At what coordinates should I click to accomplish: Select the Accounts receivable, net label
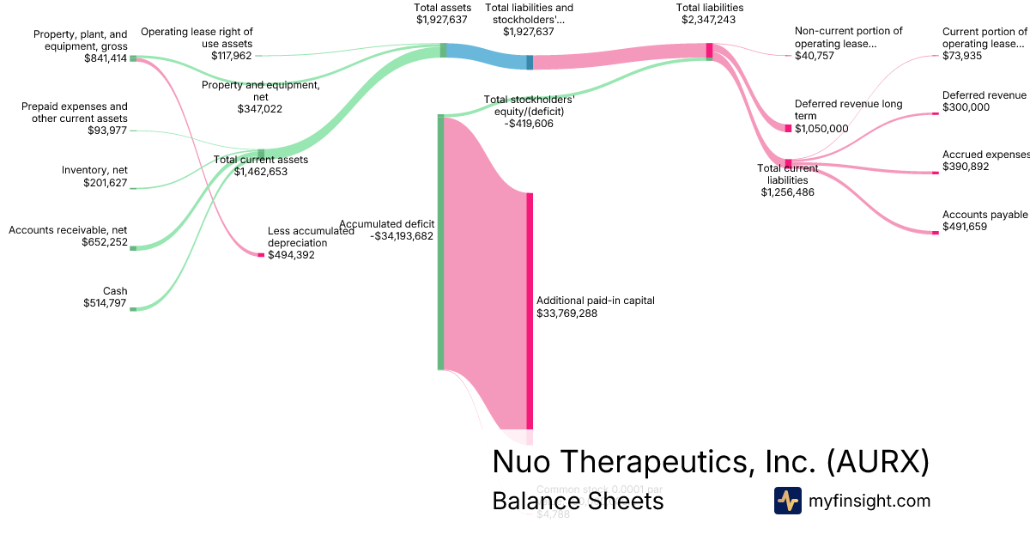(x=68, y=230)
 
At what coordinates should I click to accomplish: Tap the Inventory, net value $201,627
(x=105, y=183)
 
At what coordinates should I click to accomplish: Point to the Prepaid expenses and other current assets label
(x=74, y=112)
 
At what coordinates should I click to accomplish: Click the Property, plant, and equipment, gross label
(x=80, y=40)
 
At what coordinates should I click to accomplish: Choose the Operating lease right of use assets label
(x=197, y=38)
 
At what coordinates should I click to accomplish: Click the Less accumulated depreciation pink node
(x=261, y=255)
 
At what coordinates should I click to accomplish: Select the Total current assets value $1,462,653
(x=261, y=172)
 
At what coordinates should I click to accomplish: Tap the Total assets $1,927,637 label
(x=442, y=14)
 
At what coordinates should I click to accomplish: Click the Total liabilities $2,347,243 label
(x=709, y=14)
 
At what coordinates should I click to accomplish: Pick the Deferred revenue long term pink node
(x=788, y=129)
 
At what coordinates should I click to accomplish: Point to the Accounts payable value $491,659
(x=966, y=227)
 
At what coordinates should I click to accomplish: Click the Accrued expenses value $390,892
(x=966, y=167)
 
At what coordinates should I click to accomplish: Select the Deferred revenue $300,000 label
(x=984, y=101)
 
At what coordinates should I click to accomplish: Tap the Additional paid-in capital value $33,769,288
(x=566, y=313)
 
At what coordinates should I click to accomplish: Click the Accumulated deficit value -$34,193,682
(x=403, y=236)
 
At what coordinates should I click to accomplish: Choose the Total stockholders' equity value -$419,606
(x=529, y=124)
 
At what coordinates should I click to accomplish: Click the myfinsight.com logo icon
(x=787, y=501)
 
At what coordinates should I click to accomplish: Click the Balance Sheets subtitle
(x=578, y=501)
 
